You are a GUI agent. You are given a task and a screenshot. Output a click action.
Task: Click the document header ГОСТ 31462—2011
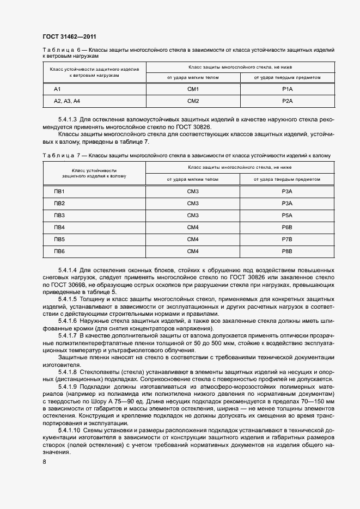[70, 36]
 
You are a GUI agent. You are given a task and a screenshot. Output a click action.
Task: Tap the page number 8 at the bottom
[44, 462]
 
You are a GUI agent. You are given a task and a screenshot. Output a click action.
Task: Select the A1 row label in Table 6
[57, 89]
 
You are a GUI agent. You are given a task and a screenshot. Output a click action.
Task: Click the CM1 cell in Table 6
[193, 89]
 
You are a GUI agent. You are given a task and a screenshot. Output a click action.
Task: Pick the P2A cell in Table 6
[288, 101]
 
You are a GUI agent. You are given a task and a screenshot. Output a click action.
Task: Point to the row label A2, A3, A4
[67, 101]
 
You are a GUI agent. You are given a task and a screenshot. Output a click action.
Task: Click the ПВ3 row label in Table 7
[59, 216]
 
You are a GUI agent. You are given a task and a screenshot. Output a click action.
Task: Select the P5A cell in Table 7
[288, 216]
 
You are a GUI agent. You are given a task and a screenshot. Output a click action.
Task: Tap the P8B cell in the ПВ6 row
[288, 252]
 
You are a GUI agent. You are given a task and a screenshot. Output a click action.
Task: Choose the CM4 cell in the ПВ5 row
[193, 240]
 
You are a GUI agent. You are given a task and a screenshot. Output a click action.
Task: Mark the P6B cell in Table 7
[288, 228]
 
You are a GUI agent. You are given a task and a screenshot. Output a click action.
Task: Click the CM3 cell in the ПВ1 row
[193, 192]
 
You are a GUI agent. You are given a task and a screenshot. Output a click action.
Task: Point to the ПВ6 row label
[59, 252]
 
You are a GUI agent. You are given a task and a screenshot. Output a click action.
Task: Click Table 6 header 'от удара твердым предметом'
[287, 77]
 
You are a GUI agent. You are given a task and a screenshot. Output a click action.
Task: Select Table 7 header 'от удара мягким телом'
[193, 179]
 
